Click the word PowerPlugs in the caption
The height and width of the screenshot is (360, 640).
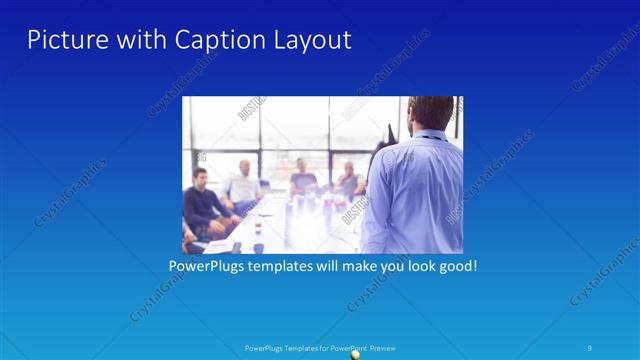(204, 267)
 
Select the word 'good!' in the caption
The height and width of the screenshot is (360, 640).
(456, 267)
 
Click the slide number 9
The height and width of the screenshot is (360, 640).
(590, 347)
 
